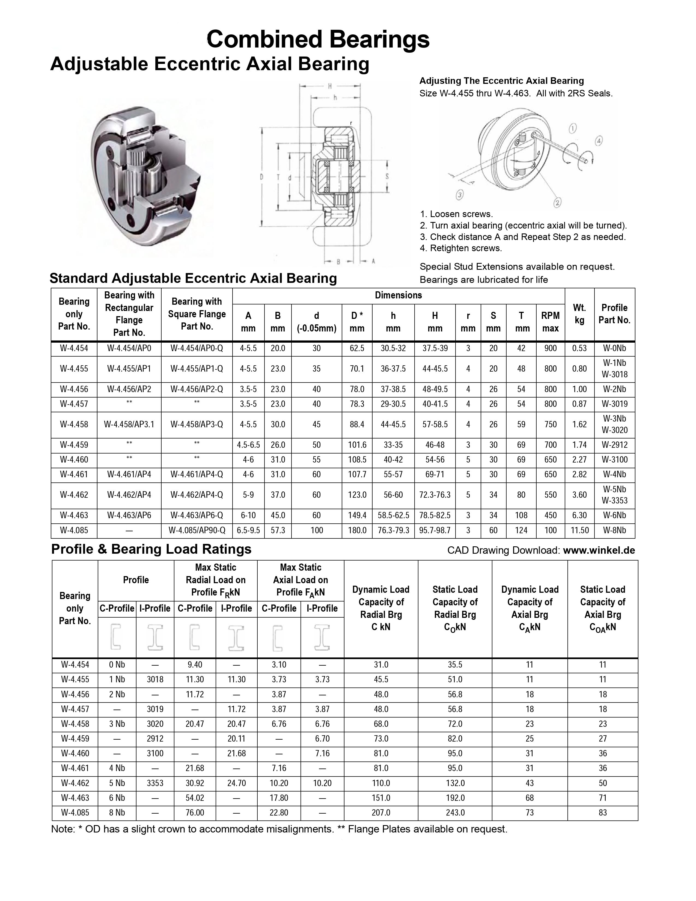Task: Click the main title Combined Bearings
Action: pyautogui.click(x=318, y=40)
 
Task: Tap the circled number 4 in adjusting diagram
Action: pyautogui.click(x=599, y=141)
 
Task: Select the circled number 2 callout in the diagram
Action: pyautogui.click(x=557, y=203)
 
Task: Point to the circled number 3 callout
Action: pyautogui.click(x=460, y=195)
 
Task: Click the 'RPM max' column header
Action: pyautogui.click(x=551, y=322)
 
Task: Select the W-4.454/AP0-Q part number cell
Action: pyautogui.click(x=197, y=348)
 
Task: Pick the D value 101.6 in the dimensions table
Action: pyautogui.click(x=357, y=445)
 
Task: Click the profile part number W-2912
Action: pyautogui.click(x=614, y=445)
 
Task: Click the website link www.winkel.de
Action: pyautogui.click(x=599, y=550)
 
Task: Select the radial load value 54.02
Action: pyautogui.click(x=195, y=798)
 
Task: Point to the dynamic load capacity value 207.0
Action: pyautogui.click(x=381, y=813)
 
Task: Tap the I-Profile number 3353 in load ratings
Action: pyautogui.click(x=155, y=783)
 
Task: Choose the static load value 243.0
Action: pyautogui.click(x=455, y=813)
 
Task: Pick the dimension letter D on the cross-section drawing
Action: pyautogui.click(x=262, y=177)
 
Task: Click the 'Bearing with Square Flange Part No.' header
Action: pyautogui.click(x=197, y=314)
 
